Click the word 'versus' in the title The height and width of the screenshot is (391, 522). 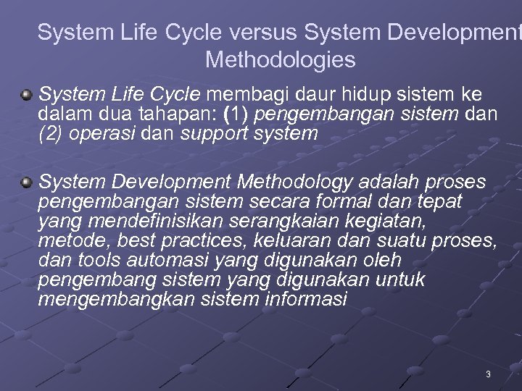(x=260, y=33)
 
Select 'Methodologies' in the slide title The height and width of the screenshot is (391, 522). (x=281, y=59)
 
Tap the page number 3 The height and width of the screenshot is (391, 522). (x=488, y=374)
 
